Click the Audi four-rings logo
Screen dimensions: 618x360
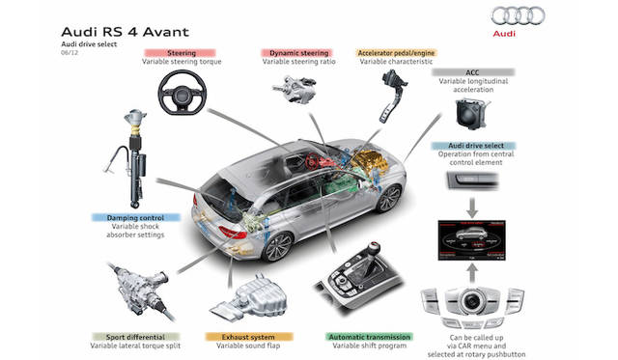pyautogui.click(x=518, y=15)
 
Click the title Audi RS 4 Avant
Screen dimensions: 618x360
pyautogui.click(x=126, y=32)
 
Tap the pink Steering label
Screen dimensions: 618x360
pyautogui.click(x=181, y=53)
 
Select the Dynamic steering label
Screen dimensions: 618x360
pyautogui.click(x=298, y=53)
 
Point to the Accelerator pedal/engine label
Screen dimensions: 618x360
pyautogui.click(x=396, y=53)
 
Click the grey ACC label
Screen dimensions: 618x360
pyautogui.click(x=473, y=72)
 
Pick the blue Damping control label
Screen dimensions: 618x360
pyautogui.click(x=135, y=217)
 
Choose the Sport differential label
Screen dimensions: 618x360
pyautogui.click(x=135, y=337)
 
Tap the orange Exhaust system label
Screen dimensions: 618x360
pyautogui.click(x=249, y=337)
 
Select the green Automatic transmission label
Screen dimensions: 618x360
pyautogui.click(x=369, y=337)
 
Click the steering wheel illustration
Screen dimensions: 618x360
pyautogui.click(x=183, y=92)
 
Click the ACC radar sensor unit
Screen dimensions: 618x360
pyautogui.click(x=471, y=114)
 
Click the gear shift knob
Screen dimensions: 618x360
pyautogui.click(x=373, y=248)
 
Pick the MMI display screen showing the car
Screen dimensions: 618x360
pyautogui.click(x=471, y=240)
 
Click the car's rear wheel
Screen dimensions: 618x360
pyautogui.click(x=278, y=246)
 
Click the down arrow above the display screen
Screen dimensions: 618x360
pyautogui.click(x=472, y=208)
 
